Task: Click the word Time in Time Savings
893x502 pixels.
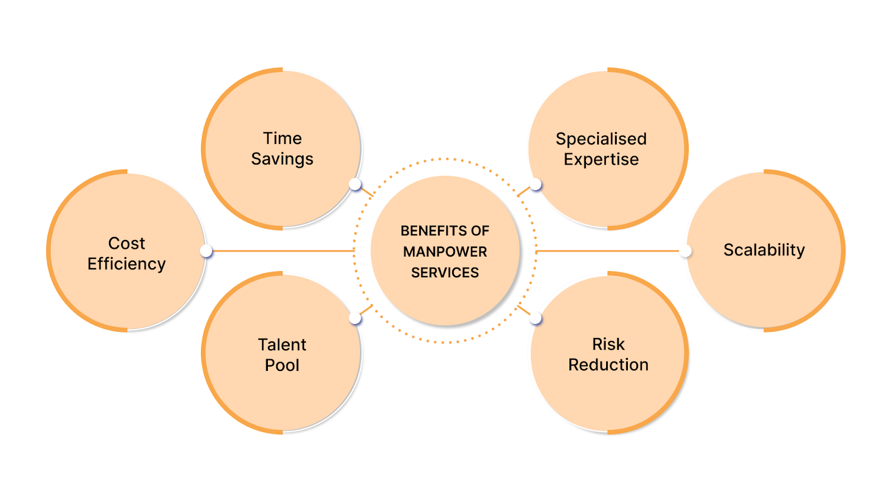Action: (x=282, y=138)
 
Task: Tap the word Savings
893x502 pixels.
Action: (x=282, y=159)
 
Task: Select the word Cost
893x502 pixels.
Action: (x=127, y=243)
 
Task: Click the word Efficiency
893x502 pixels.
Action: (x=127, y=264)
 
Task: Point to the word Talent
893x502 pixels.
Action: (x=282, y=345)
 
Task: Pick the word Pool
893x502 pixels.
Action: (x=282, y=365)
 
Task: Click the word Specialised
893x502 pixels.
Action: (x=601, y=139)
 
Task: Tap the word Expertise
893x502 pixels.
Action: (x=601, y=160)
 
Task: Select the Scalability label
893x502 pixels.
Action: (x=764, y=250)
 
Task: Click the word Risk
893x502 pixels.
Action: (x=608, y=344)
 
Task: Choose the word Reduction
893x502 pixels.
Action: (x=608, y=365)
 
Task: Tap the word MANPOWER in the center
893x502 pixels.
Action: (x=445, y=252)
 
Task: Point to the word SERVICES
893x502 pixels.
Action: (x=445, y=273)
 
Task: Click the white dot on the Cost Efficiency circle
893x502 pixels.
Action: (x=207, y=251)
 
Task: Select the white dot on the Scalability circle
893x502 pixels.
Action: (x=685, y=251)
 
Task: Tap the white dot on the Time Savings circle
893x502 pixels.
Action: (x=355, y=184)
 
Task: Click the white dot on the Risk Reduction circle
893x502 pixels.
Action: (x=536, y=318)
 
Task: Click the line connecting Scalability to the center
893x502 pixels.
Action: (x=608, y=251)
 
